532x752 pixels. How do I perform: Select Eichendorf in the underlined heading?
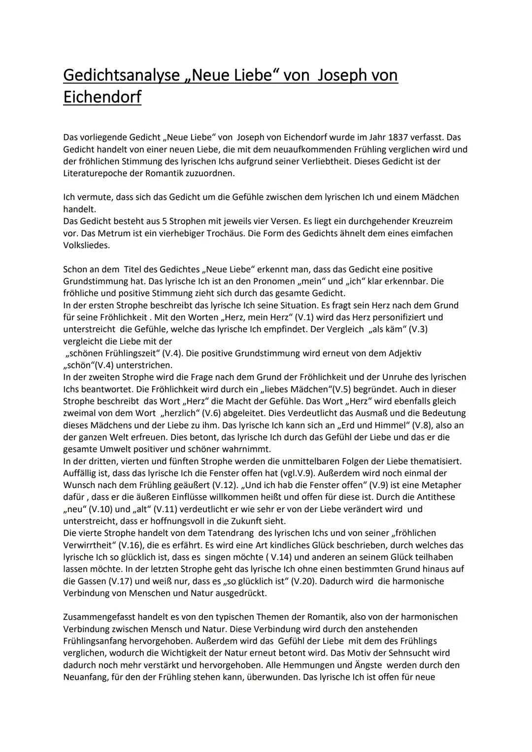pos(102,97)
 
